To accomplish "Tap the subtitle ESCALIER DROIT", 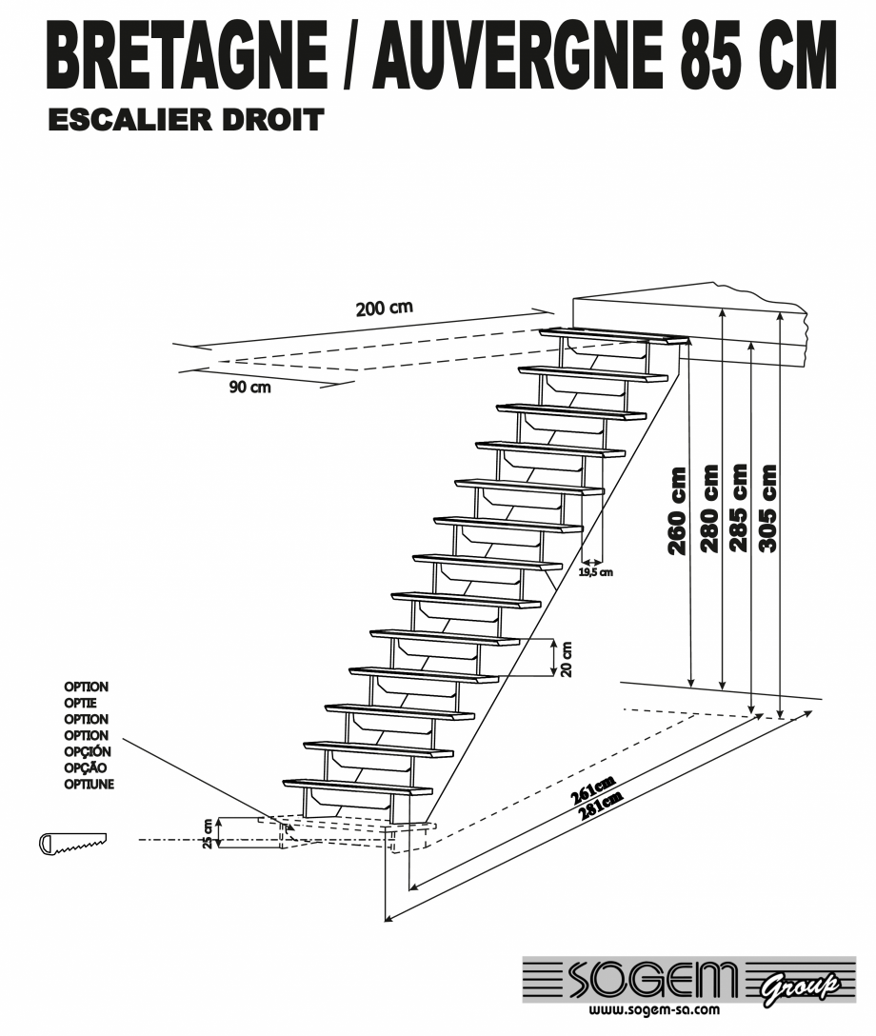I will coord(186,120).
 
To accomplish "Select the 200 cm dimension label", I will coord(385,309).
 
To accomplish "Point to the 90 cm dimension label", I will coord(249,388).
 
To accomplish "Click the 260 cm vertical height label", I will coord(678,510).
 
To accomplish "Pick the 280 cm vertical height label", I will coord(708,508).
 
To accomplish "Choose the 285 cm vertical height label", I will coord(738,508).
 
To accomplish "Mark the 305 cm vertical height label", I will coord(767,508).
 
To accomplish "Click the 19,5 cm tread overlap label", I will coord(596,572).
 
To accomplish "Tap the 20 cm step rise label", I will coord(567,656).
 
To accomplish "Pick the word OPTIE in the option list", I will coord(80,703).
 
